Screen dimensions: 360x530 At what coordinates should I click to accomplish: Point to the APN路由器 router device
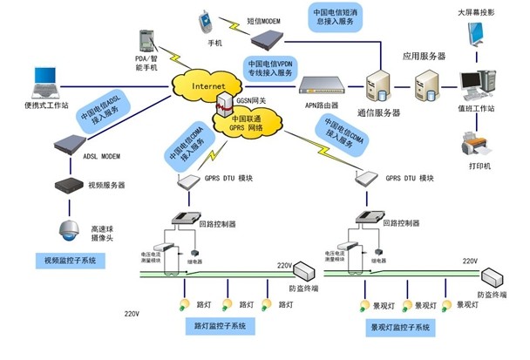326,84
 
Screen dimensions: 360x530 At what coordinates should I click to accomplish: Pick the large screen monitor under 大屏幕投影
479,36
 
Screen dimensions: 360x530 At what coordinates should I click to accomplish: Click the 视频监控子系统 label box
69,261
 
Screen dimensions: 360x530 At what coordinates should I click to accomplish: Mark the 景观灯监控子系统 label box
400,328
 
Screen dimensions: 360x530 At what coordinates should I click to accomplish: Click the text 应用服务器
424,56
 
